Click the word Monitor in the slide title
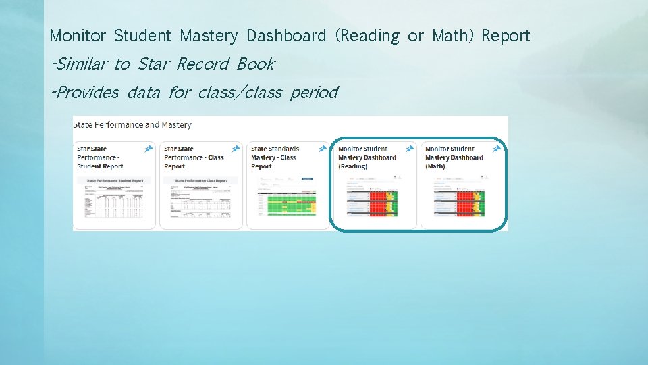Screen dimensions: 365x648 pos(78,36)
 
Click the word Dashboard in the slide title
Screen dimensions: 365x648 pos(286,36)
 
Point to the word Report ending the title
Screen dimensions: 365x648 pos(506,36)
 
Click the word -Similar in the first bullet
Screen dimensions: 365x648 pos(79,64)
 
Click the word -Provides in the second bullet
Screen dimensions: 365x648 pos(84,93)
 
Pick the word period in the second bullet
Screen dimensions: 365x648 pos(314,93)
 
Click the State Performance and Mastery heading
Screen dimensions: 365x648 pos(132,124)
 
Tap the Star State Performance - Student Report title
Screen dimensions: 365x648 pos(100,157)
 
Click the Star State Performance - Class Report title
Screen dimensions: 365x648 pos(194,157)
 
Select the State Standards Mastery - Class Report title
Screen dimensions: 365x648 pos(275,157)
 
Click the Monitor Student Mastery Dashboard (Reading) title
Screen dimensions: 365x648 pos(367,157)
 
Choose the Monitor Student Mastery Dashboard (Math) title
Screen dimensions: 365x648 pos(454,157)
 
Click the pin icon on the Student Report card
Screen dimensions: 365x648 pos(148,149)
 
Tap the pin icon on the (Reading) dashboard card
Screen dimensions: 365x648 pos(410,149)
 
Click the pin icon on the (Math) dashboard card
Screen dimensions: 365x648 pos(497,149)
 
